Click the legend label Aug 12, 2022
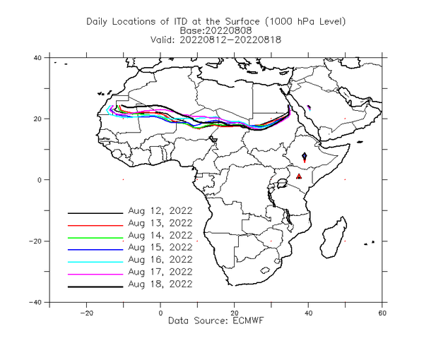coord(160,210)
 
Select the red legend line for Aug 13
coord(95,225)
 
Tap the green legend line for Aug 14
coord(95,238)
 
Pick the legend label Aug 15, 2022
coord(160,247)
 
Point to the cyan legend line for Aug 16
coord(95,262)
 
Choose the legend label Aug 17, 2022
coord(160,272)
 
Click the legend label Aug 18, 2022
coord(160,284)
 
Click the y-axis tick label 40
coord(37,58)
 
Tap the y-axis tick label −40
coord(35,302)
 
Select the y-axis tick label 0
coord(40,180)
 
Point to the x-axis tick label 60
coord(382,313)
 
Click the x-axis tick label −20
coord(86,313)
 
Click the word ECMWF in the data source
coord(248,320)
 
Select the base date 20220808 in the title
coord(229,30)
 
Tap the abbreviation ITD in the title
coord(180,21)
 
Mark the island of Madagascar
coord(334,238)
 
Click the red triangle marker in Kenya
coord(299,176)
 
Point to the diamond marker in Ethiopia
coord(305,156)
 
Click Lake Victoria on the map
coord(282,184)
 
